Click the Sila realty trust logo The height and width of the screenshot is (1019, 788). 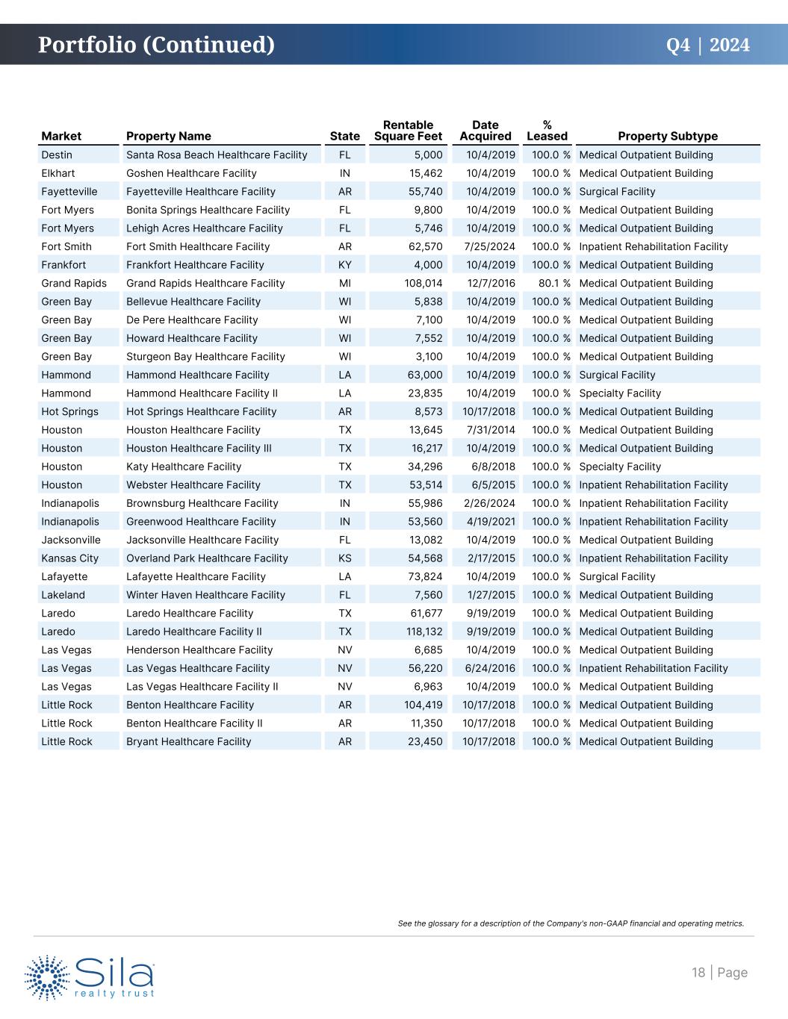click(90, 976)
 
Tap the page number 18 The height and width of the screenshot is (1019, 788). click(698, 972)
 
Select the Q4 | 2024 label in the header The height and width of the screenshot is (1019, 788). click(707, 45)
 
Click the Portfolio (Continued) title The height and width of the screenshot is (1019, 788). click(156, 45)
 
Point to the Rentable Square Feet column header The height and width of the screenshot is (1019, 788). click(408, 131)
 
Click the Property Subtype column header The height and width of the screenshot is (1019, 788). click(667, 136)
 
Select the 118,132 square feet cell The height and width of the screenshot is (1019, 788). click(424, 632)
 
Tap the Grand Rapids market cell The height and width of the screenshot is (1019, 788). click(74, 284)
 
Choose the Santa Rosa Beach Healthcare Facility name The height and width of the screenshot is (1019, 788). click(217, 155)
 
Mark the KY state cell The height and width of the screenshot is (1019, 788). click(344, 265)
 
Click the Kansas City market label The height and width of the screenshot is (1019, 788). click(69, 558)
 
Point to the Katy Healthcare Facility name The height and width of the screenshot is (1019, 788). click(184, 467)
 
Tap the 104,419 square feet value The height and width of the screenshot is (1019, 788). click(424, 705)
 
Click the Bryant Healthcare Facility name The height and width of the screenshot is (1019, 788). click(188, 741)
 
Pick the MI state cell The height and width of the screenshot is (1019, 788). click(344, 284)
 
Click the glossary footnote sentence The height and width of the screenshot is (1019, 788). click(571, 923)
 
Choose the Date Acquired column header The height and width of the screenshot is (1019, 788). click(485, 131)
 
